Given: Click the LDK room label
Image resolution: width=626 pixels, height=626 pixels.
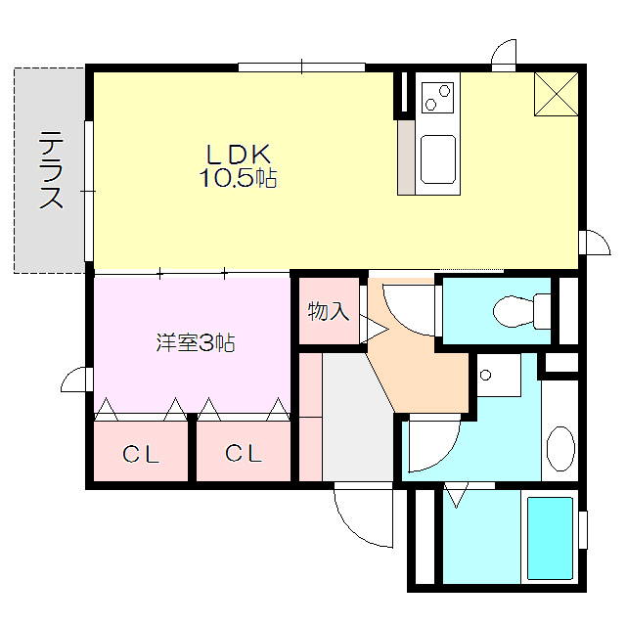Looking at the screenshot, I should (238, 155).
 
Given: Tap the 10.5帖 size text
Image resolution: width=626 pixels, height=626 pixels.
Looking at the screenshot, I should (238, 178).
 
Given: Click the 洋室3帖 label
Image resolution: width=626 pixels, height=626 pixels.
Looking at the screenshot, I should (195, 343).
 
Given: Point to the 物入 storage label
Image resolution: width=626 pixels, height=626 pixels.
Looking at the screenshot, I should (328, 312).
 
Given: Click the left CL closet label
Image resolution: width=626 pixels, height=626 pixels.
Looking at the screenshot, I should (141, 454).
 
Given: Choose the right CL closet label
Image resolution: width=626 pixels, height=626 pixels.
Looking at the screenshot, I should (243, 454).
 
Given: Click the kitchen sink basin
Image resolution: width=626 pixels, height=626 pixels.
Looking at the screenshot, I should (436, 158).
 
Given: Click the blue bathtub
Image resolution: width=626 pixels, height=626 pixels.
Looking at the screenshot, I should (550, 537).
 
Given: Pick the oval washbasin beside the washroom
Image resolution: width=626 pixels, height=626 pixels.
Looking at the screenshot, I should (560, 449).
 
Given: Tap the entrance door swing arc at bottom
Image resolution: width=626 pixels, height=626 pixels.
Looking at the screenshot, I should (362, 517).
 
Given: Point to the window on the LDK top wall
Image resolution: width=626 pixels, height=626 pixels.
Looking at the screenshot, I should (301, 67).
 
